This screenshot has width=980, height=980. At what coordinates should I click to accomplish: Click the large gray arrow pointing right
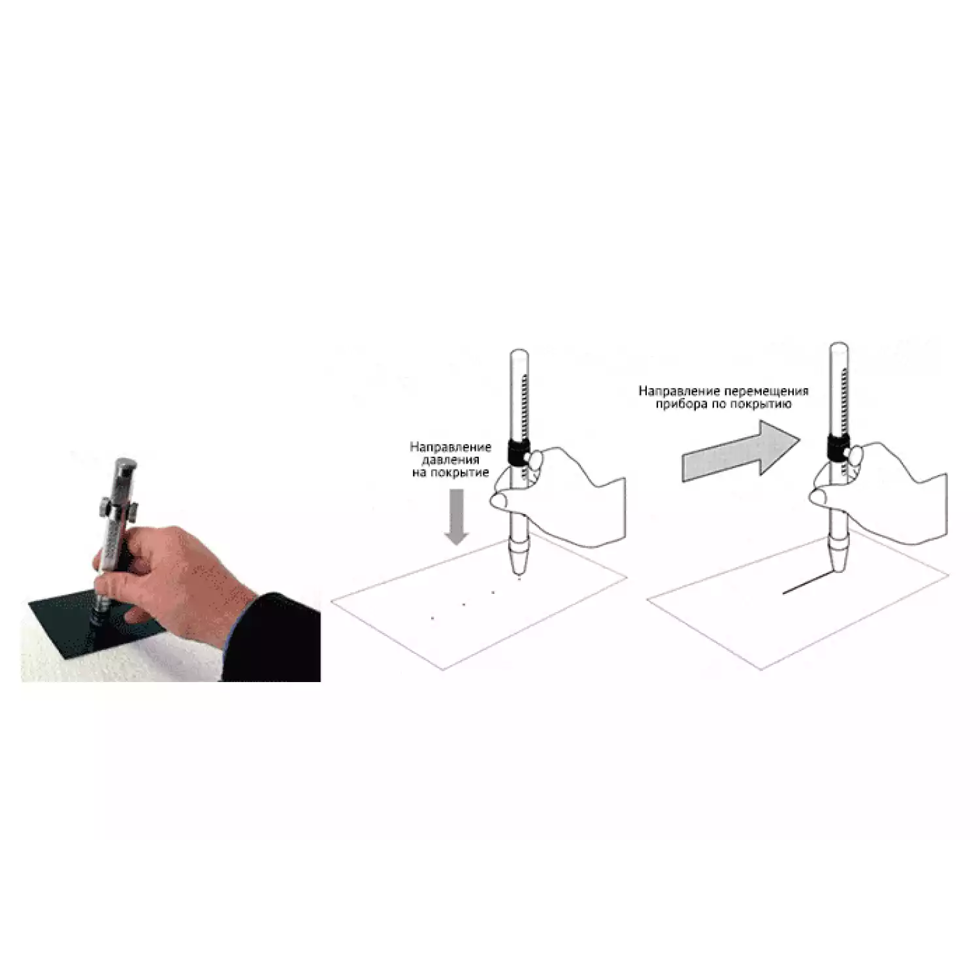[741, 450]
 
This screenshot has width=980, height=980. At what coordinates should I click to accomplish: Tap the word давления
[450, 460]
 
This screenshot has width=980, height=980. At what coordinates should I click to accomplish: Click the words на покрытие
[450, 472]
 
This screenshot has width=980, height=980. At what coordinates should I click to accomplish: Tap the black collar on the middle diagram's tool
[517, 452]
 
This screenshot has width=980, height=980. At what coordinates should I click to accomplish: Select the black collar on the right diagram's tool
[838, 448]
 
